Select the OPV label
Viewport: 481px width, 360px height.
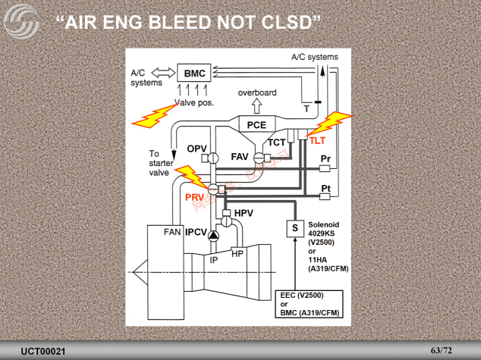tap(196, 147)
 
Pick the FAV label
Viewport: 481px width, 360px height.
tap(240, 157)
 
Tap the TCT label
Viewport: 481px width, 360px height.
tap(277, 142)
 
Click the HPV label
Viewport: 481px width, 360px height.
tap(244, 213)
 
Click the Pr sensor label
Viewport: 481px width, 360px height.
tap(325, 158)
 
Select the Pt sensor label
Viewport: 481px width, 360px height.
tap(325, 187)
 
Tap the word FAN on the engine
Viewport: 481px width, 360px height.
tap(172, 232)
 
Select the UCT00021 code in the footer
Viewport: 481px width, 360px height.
tap(43, 351)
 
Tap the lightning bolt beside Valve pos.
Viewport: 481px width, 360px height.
tap(155, 115)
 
